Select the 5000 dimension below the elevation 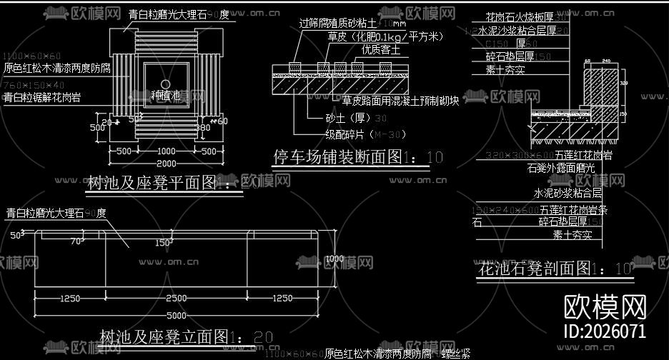pos(177,316)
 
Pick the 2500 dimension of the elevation pos(177,298)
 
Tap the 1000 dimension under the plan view pos(166,151)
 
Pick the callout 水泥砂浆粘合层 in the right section pos(567,193)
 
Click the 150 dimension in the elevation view pos(162,244)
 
